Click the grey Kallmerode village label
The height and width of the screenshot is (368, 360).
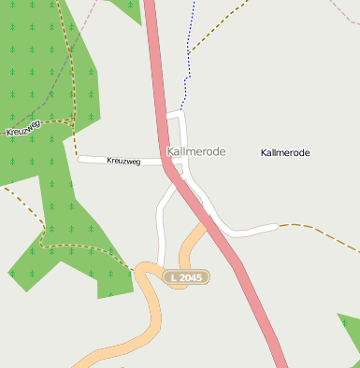click(x=195, y=151)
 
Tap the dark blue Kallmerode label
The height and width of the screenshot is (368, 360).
click(x=285, y=152)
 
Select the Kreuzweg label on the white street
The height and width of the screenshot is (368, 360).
click(x=123, y=162)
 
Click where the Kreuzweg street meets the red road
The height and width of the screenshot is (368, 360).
click(x=166, y=162)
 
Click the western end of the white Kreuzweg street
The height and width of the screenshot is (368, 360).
click(x=80, y=159)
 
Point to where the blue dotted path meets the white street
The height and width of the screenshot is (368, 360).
click(x=182, y=112)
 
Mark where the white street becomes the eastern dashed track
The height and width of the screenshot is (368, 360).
click(x=278, y=226)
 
